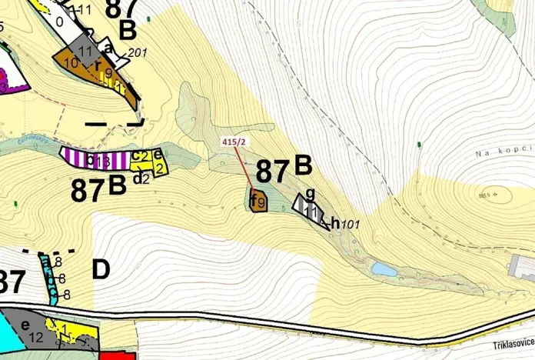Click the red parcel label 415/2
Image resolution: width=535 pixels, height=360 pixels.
click(x=233, y=142)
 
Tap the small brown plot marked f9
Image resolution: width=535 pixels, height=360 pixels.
click(x=258, y=202)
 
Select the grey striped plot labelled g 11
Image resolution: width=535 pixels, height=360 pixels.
click(x=311, y=206)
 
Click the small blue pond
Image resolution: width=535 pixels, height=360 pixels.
click(x=384, y=270)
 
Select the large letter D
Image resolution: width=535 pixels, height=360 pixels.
click(x=101, y=270)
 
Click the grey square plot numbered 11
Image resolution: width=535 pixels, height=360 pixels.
click(x=87, y=52)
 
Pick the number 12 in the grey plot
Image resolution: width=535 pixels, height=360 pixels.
click(x=35, y=337)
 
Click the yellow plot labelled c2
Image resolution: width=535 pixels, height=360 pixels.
click(x=141, y=156)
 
